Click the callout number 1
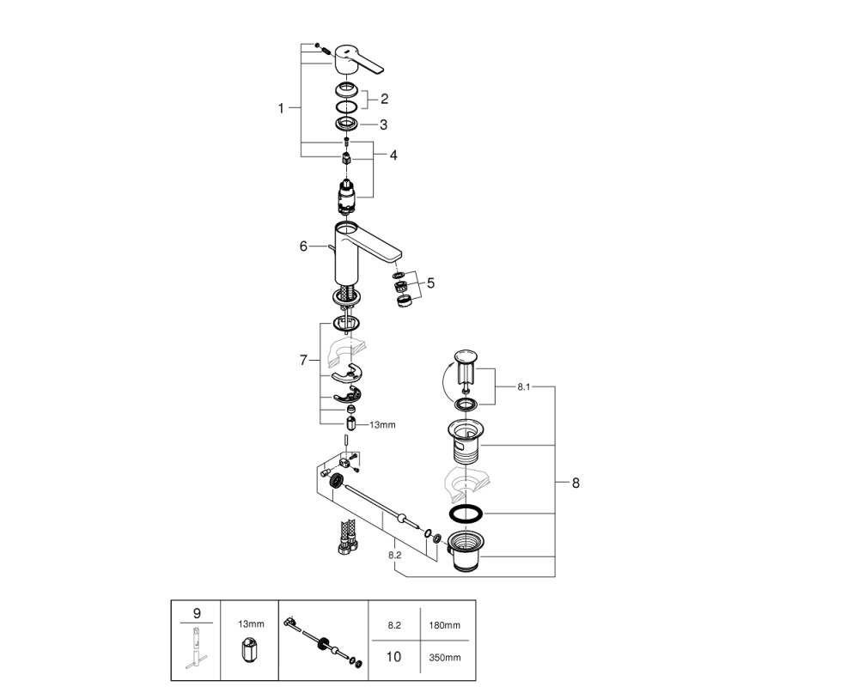pyautogui.click(x=281, y=108)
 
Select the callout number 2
pyautogui.click(x=384, y=99)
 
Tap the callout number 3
pyautogui.click(x=383, y=125)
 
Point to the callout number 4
pyautogui.click(x=393, y=155)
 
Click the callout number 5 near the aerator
pyautogui.click(x=430, y=283)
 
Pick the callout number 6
pyautogui.click(x=303, y=246)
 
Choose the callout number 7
pyautogui.click(x=303, y=360)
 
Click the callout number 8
pyautogui.click(x=576, y=483)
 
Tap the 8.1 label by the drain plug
pyautogui.click(x=524, y=386)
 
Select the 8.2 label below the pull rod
pyautogui.click(x=394, y=555)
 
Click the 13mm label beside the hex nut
pyautogui.click(x=382, y=424)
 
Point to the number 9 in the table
pyautogui.click(x=197, y=614)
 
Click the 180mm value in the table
pyautogui.click(x=444, y=625)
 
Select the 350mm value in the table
pyautogui.click(x=444, y=657)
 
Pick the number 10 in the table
pyautogui.click(x=394, y=656)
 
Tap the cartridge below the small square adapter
pyautogui.click(x=345, y=196)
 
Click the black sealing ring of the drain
pyautogui.click(x=466, y=514)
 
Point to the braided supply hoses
pyautogui.click(x=347, y=537)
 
